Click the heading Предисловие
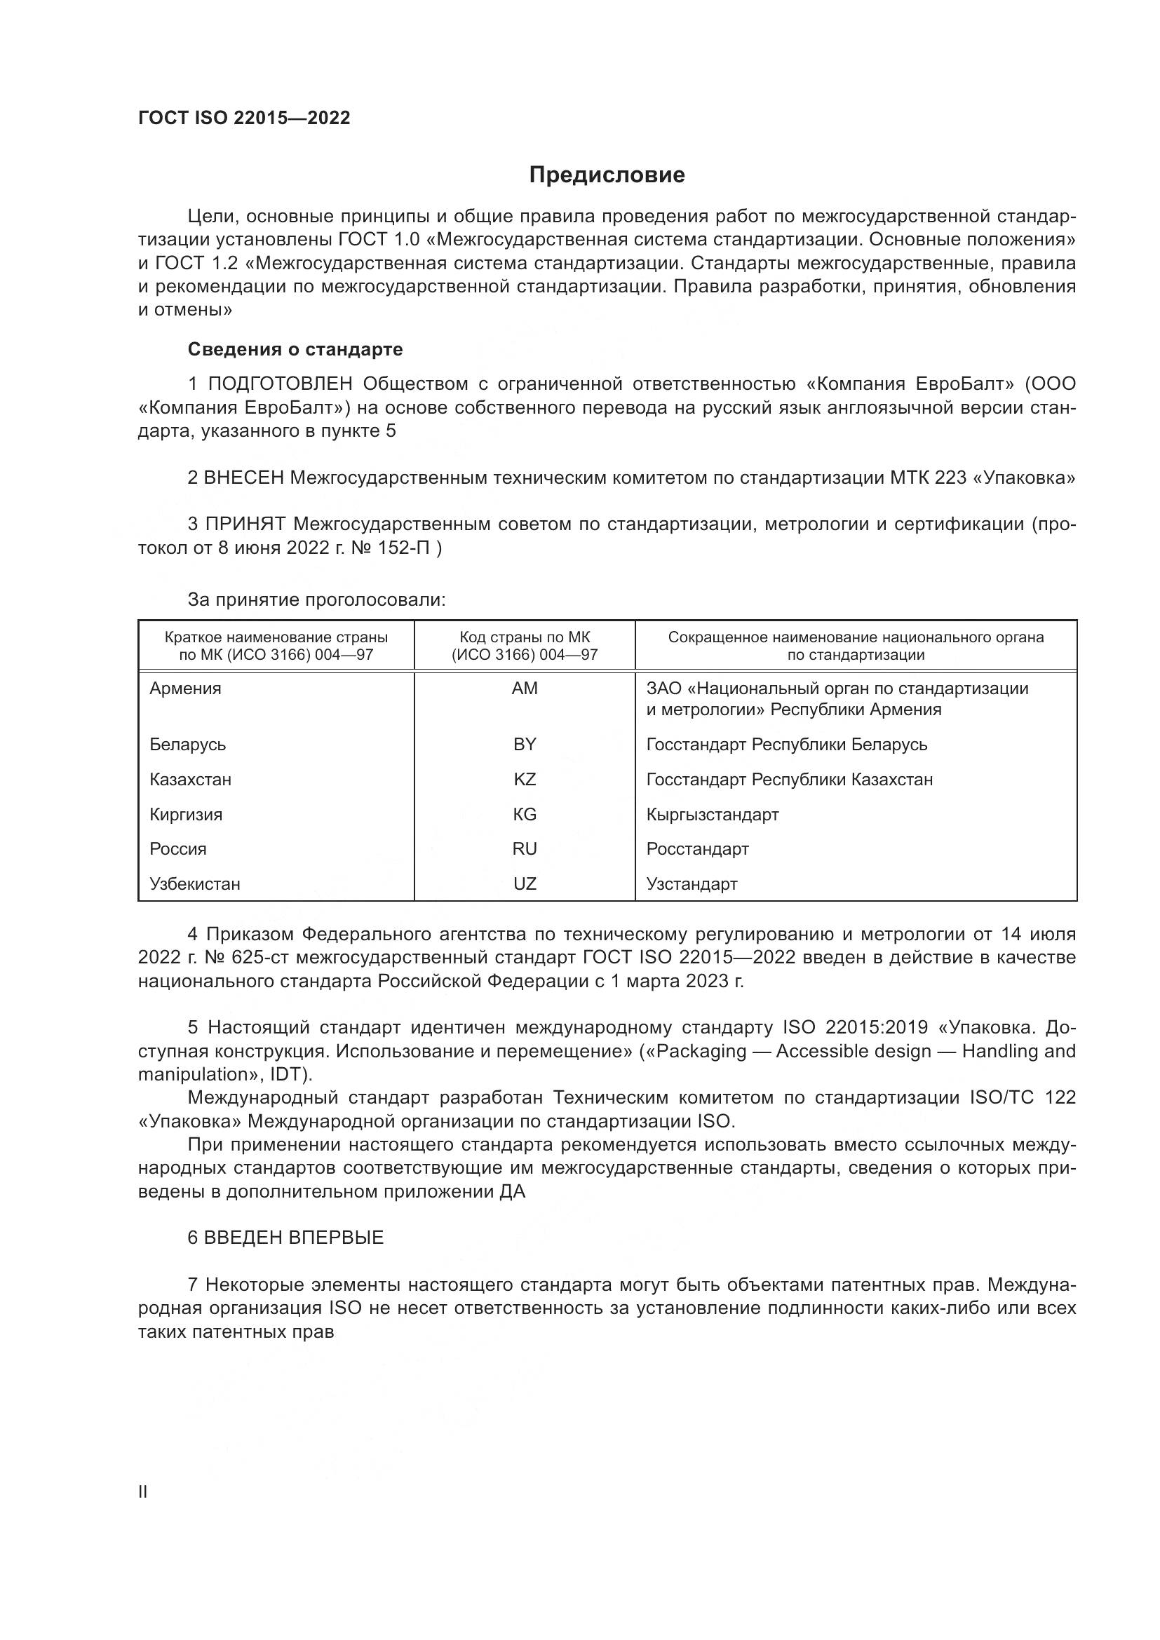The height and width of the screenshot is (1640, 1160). (607, 175)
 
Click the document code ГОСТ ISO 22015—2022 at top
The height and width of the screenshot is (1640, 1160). (244, 118)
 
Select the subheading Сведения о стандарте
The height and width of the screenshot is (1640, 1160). (295, 349)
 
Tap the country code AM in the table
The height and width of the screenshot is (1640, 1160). (525, 689)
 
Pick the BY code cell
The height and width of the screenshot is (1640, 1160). (525, 745)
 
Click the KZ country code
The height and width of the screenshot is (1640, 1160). (525, 779)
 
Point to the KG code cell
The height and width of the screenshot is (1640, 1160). (525, 814)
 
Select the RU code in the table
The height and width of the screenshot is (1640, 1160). (525, 848)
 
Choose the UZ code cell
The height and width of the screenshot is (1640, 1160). (525, 883)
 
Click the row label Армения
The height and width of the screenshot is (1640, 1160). (186, 689)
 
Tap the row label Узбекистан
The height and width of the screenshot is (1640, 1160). (195, 883)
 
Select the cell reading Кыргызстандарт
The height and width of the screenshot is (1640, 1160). (712, 814)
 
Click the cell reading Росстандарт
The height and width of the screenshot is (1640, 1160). (697, 848)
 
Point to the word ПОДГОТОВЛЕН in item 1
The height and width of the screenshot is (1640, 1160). (280, 384)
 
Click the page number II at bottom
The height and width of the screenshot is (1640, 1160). (143, 1491)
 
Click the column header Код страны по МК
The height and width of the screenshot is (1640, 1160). (525, 637)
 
